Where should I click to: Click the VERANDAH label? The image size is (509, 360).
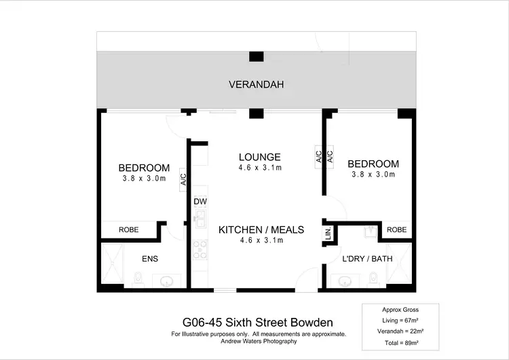[255, 85]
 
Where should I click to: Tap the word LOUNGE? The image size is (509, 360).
[259, 158]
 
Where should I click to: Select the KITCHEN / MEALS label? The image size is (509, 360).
[261, 230]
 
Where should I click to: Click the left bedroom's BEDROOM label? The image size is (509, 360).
[144, 168]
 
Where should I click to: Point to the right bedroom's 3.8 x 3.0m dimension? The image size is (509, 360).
[373, 174]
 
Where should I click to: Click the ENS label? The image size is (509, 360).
[150, 259]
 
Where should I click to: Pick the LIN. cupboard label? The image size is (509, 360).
[328, 235]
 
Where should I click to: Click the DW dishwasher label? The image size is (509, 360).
[200, 202]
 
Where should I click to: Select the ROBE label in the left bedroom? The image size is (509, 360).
[129, 230]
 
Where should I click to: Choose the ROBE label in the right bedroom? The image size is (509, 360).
[397, 230]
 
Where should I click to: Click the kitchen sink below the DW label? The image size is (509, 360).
[200, 219]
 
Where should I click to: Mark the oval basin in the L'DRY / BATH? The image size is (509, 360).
[345, 280]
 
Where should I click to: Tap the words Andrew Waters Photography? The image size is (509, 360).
[259, 341]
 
